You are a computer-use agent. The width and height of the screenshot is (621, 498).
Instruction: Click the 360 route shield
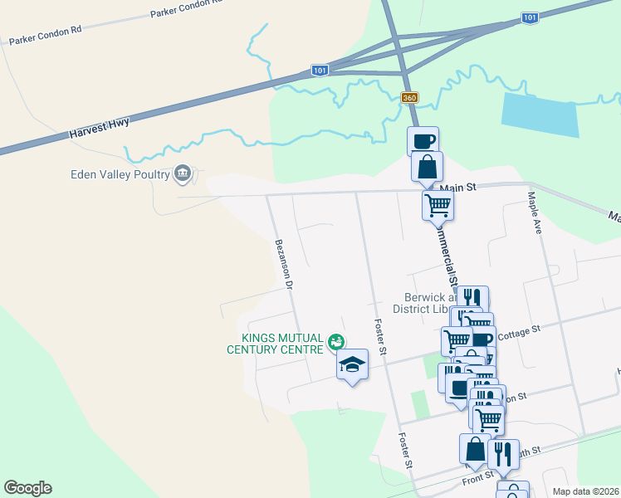(x=409, y=98)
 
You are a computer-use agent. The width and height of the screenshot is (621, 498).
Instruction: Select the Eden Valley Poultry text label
(x=120, y=174)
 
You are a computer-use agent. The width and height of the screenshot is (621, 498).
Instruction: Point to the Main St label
(x=459, y=188)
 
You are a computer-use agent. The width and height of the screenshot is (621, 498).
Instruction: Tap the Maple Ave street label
(x=535, y=213)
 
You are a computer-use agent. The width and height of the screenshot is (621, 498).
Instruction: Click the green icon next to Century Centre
(x=336, y=341)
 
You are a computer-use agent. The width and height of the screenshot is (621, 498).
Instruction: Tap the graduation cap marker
(x=352, y=364)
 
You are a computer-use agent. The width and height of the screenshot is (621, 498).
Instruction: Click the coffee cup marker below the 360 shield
(x=423, y=140)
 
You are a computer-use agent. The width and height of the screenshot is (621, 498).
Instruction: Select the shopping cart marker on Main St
(x=438, y=204)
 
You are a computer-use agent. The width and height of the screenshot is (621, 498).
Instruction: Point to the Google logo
(x=27, y=488)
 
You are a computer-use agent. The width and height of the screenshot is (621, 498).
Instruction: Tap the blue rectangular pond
(x=540, y=115)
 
